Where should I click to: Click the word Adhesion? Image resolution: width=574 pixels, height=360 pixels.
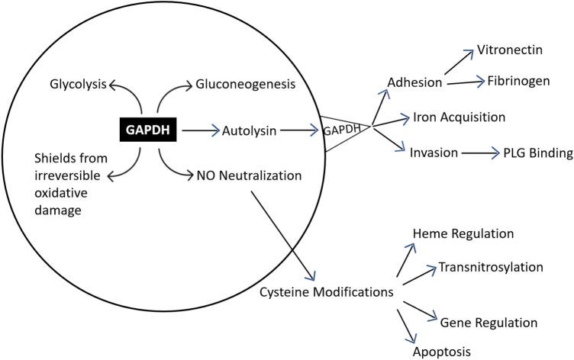click(x=416, y=82)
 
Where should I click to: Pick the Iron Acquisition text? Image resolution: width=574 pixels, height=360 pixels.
click(x=460, y=117)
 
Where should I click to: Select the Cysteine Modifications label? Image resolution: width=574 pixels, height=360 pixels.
click(x=336, y=291)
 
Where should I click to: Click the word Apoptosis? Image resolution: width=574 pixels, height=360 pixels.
click(x=443, y=352)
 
